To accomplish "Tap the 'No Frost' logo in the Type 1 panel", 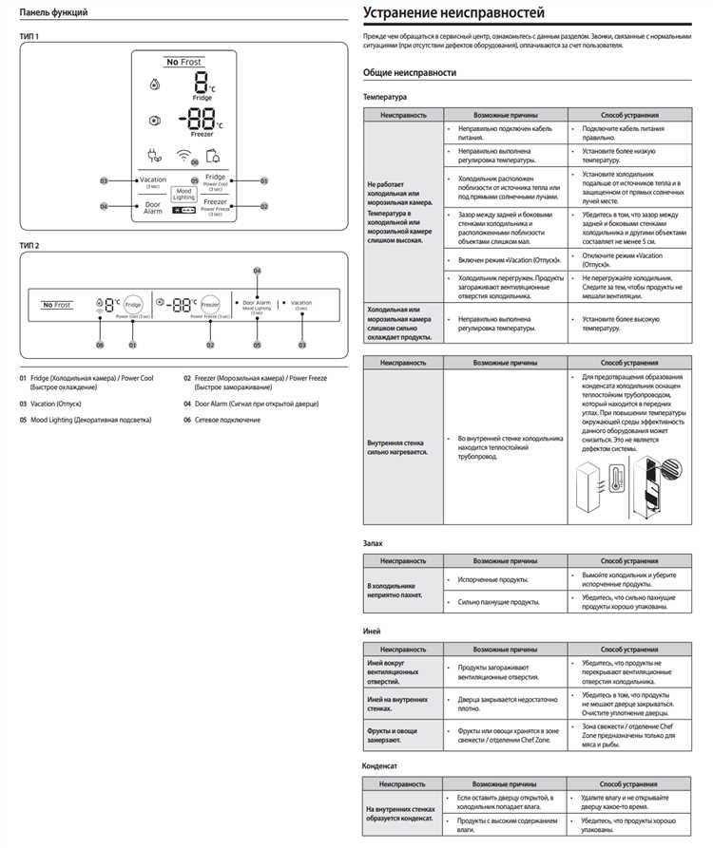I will pos(184,62).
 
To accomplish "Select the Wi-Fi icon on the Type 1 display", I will pos(183,156).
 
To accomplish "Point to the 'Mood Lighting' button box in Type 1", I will pos(183,194).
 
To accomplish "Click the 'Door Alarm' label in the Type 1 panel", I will pos(153,207).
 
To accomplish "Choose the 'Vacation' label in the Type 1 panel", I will pos(153,180).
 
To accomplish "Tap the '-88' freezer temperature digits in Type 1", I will pos(200,119).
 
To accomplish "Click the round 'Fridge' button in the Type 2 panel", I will pos(133,304).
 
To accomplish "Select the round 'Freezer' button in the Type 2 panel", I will pos(210,304).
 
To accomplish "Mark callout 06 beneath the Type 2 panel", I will pos(99,345).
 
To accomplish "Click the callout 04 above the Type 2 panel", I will pos(257,271).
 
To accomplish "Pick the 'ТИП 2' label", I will pos(29,246).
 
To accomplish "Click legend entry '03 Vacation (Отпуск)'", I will pos(56,404).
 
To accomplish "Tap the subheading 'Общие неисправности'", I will pos(409,73).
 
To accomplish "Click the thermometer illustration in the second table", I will pos(607,484).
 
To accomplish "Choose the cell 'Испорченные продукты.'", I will pos(493,579).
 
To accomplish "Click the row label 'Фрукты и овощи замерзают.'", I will pos(393,736).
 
